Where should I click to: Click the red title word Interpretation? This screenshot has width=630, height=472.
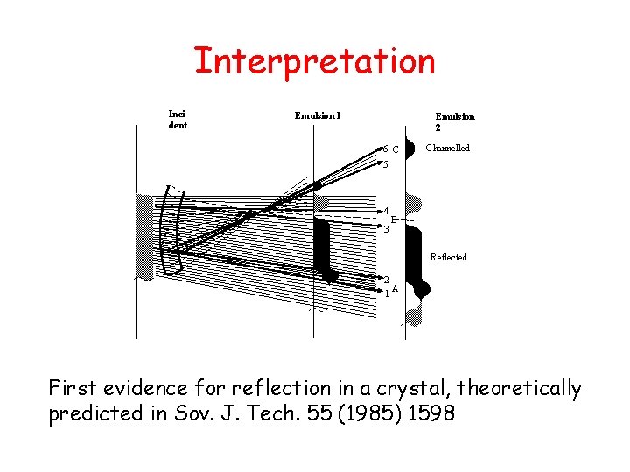point(314,62)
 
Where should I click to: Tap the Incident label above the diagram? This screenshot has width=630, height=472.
point(178,119)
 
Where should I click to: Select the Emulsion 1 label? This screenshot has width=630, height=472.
point(318,115)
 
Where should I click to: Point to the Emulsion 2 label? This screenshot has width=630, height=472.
point(455,121)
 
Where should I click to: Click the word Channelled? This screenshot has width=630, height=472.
point(447,148)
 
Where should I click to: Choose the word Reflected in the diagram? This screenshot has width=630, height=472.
point(448,257)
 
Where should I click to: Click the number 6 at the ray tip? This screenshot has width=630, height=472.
point(385,149)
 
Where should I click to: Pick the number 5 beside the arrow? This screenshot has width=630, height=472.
point(384,164)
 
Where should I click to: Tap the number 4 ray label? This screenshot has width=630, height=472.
point(386,211)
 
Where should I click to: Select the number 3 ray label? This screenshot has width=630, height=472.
point(385,230)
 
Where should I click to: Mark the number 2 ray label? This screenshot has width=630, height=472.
point(386,280)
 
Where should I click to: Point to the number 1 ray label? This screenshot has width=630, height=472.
point(386,294)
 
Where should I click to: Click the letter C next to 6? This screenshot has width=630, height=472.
point(395,149)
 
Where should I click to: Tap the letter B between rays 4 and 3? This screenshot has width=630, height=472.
point(394,219)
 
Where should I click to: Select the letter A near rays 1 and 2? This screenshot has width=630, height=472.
point(395,288)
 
